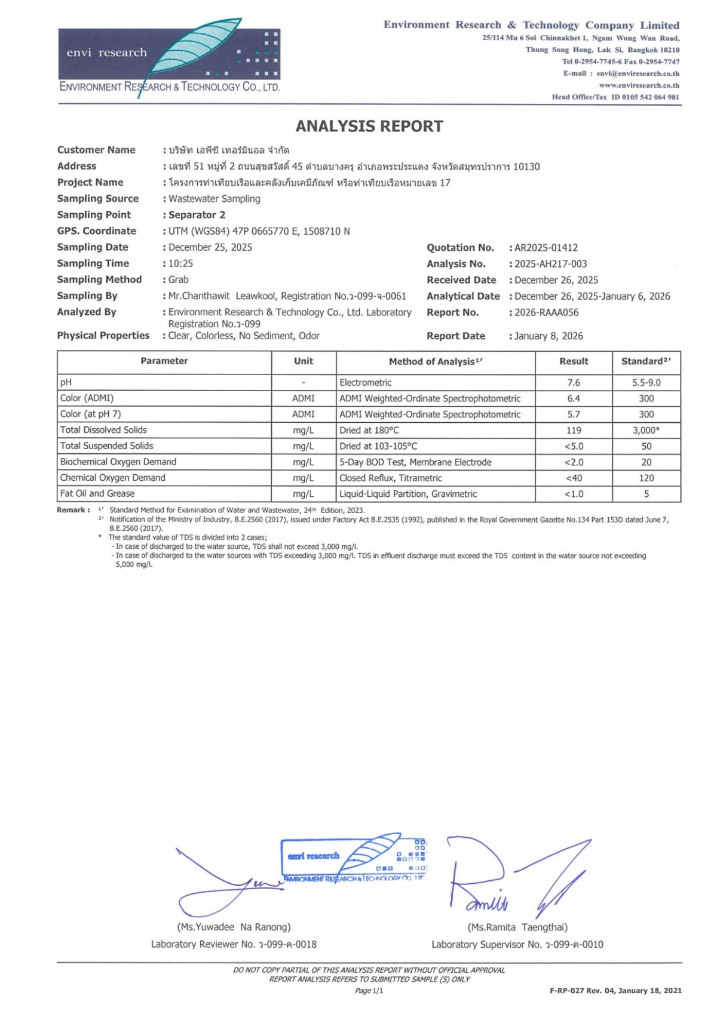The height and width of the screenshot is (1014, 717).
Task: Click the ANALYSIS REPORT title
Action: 369,126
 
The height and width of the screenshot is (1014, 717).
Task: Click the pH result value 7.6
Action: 574,382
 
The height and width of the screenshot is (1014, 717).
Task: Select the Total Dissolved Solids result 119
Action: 574,430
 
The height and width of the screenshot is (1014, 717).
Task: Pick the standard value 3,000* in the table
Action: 646,430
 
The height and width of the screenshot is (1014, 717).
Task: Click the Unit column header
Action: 304,361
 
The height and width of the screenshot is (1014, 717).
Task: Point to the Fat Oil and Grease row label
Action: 97,494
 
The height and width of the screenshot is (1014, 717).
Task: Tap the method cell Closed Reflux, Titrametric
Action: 391,478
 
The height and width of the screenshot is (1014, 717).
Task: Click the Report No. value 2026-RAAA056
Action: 546,312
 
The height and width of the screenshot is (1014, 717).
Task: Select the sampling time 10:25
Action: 180,263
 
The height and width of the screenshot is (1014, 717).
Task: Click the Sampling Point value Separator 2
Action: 197,215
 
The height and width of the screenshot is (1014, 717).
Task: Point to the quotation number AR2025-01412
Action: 546,248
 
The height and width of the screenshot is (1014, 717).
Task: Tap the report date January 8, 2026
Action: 549,336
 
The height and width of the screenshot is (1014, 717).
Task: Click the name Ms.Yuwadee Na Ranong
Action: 234,927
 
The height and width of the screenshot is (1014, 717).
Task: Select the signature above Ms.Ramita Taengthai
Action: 514,878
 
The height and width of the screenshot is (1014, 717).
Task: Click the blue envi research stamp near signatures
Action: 354,859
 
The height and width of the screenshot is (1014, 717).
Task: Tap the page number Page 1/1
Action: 369,991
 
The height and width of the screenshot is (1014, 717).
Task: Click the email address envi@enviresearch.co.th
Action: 638,73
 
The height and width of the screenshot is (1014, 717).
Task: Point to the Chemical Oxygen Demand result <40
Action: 574,478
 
